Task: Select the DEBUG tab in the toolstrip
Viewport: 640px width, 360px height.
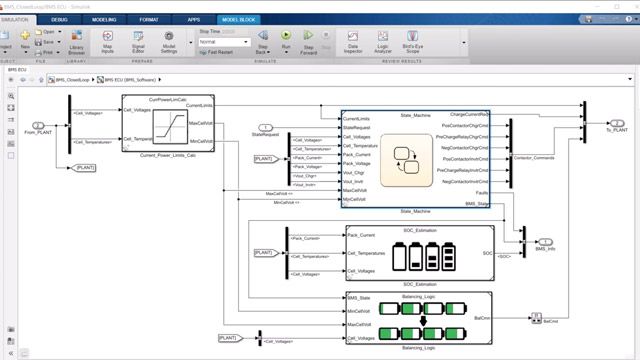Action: [x=59, y=18]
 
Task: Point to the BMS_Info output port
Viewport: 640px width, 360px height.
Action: [x=545, y=241]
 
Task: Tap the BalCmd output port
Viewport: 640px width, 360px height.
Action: [x=532, y=321]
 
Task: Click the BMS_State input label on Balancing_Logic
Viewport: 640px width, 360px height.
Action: [x=358, y=298]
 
